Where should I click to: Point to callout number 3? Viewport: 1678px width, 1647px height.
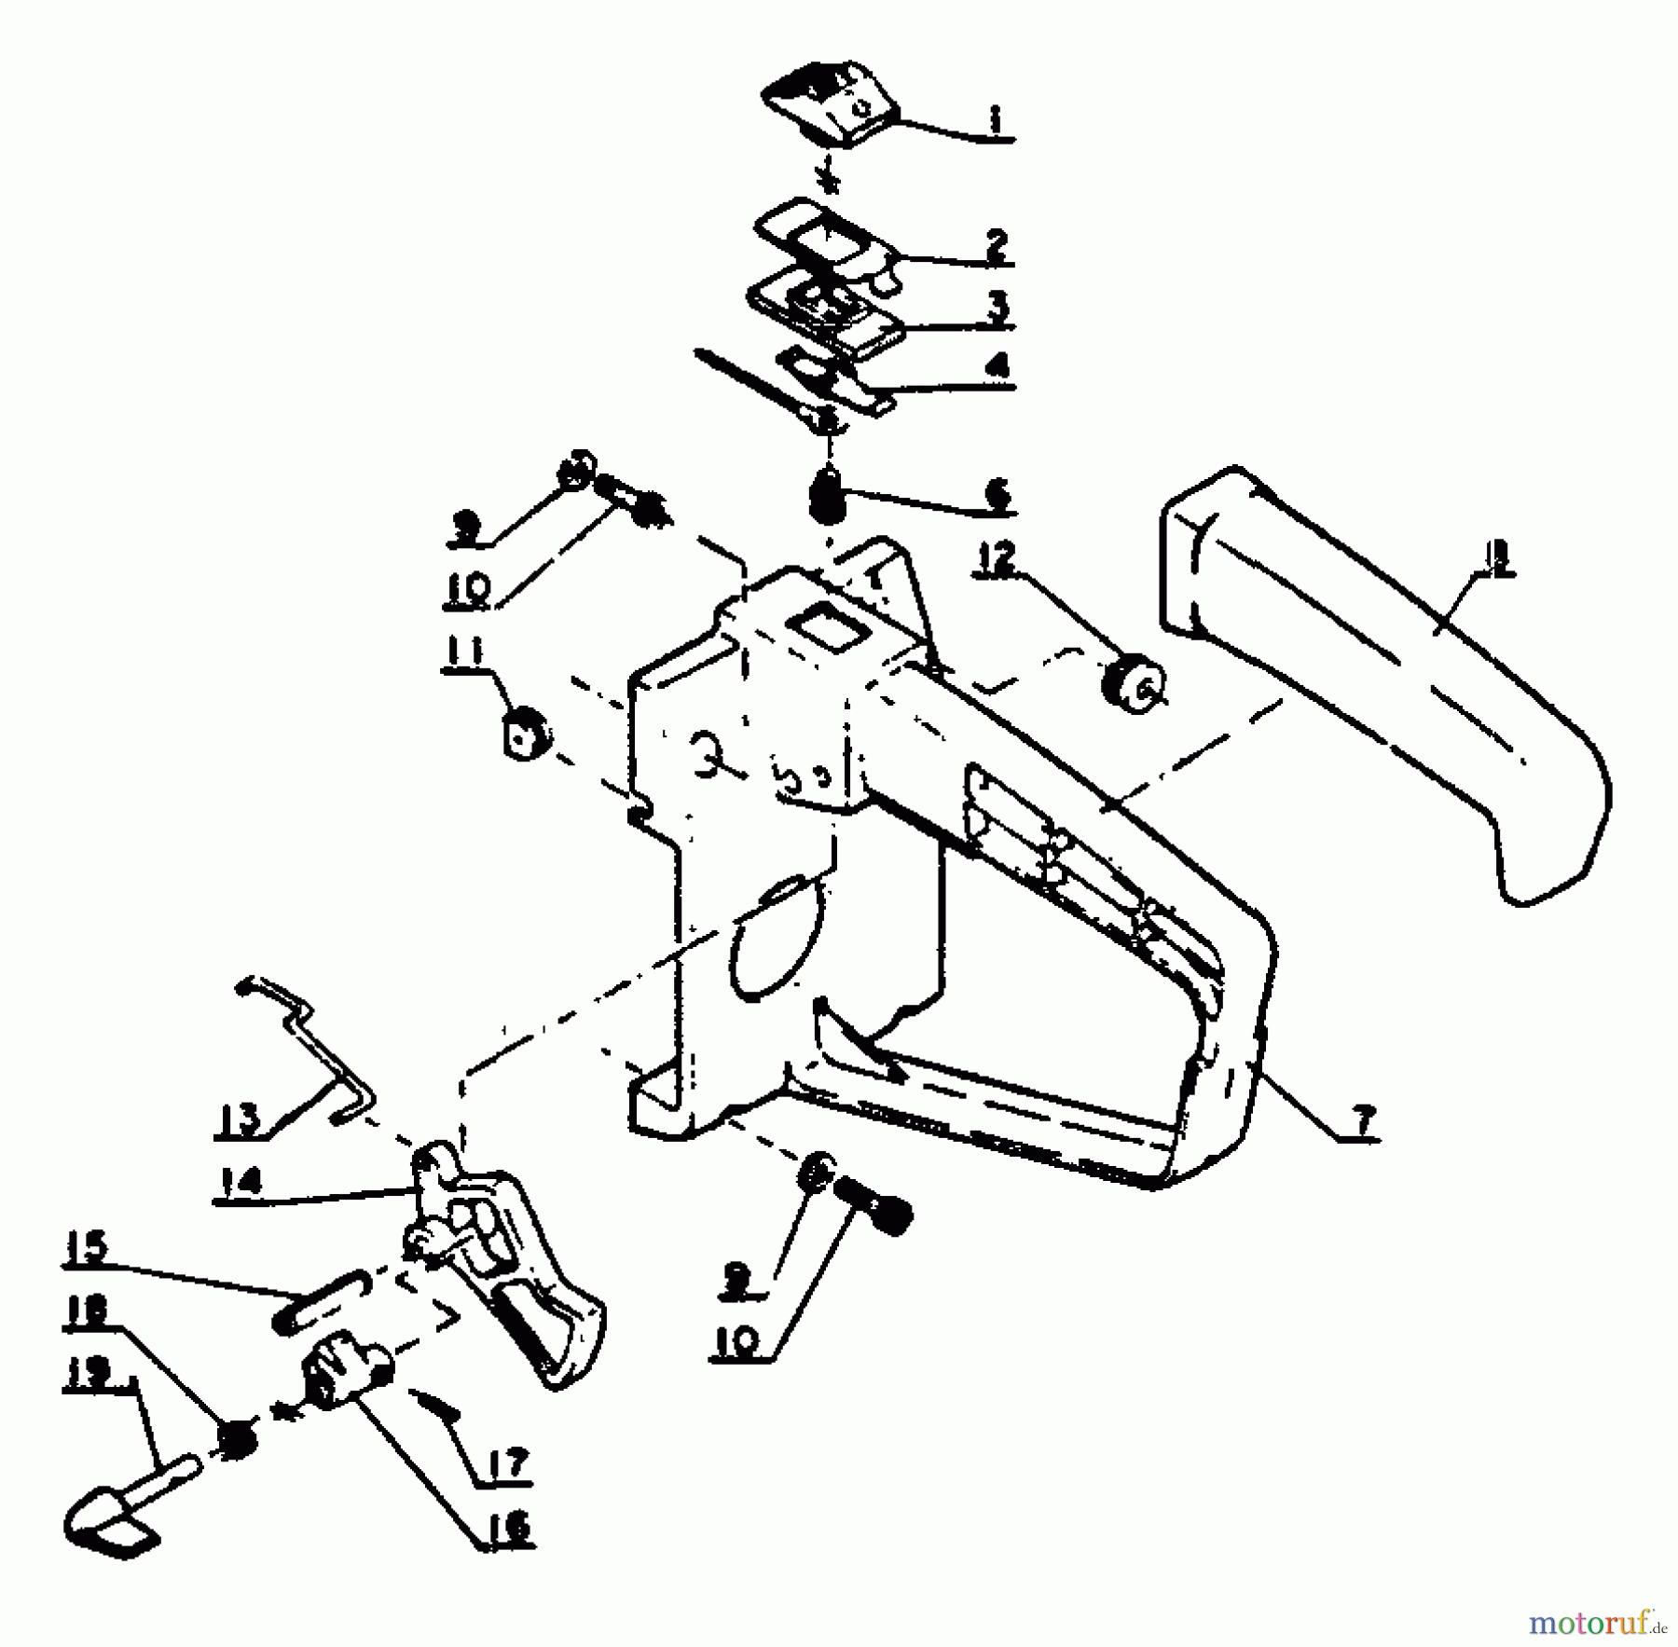[x=997, y=306]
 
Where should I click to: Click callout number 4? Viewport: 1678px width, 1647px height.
[x=997, y=365]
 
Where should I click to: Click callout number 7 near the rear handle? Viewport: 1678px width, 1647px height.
[x=1363, y=1122]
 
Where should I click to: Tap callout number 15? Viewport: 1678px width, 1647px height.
[x=86, y=1247]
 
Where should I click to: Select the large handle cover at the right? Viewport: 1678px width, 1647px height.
[x=1389, y=690]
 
